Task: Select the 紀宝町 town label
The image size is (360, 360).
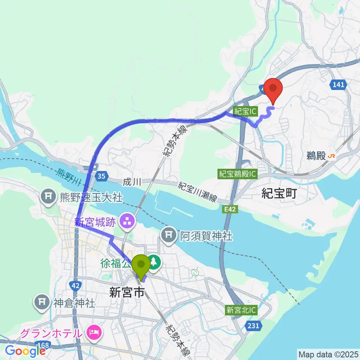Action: (x=279, y=193)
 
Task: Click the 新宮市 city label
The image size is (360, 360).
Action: (x=126, y=292)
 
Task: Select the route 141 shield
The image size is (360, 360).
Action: (x=338, y=85)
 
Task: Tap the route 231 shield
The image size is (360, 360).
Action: (x=253, y=326)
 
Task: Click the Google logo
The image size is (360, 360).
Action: (x=25, y=351)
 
